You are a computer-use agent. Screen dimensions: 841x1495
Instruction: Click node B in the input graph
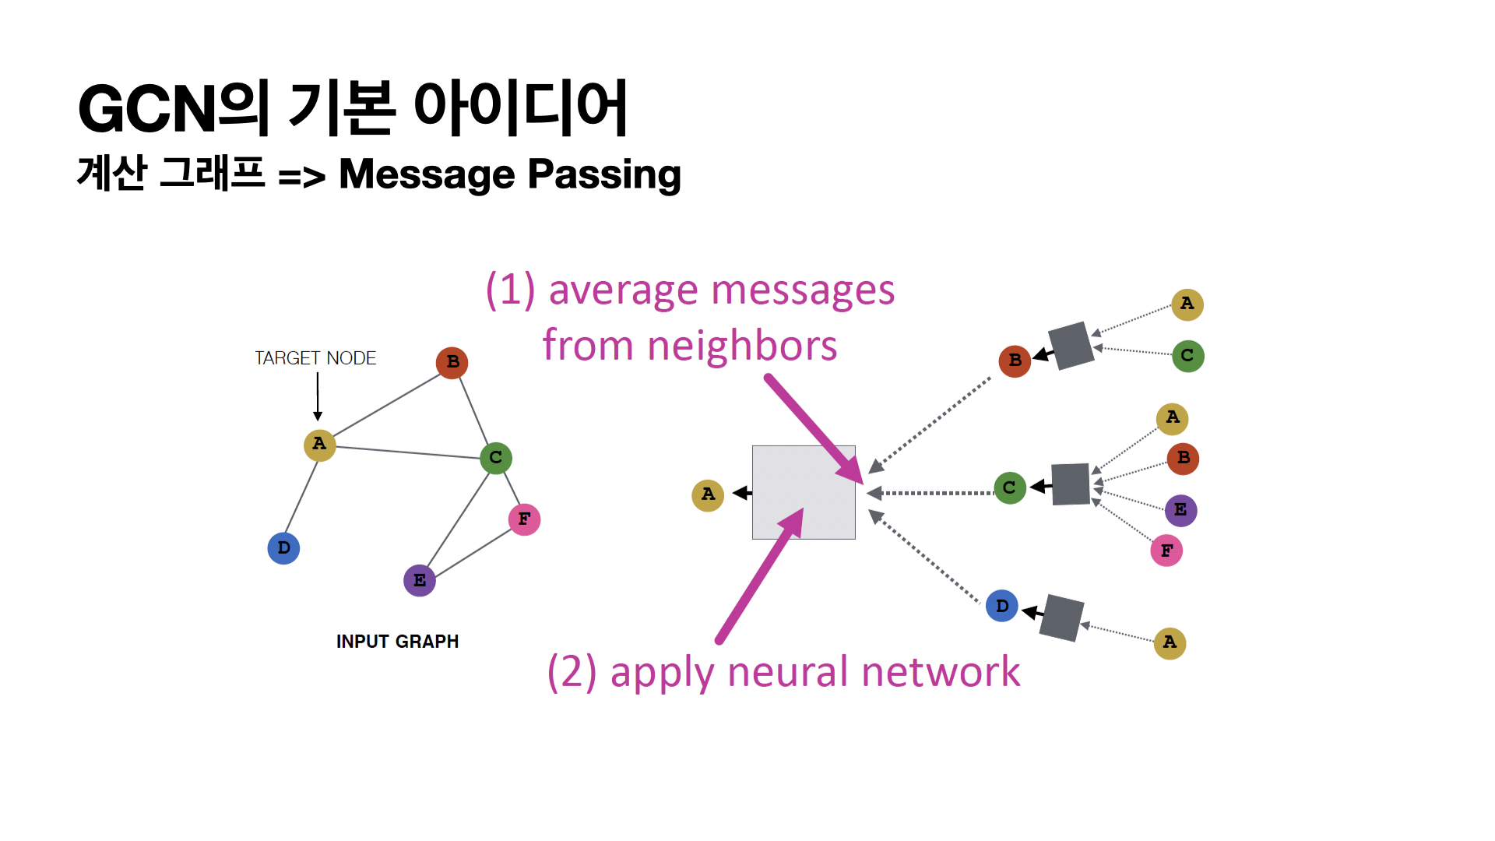pyautogui.click(x=452, y=363)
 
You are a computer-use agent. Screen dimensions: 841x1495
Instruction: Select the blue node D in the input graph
pyautogui.click(x=283, y=548)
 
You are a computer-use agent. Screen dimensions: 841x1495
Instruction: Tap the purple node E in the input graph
pyautogui.click(x=420, y=580)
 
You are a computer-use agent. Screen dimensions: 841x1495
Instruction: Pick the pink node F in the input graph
pyautogui.click(x=524, y=519)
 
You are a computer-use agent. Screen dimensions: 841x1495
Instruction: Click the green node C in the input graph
pyautogui.click(x=496, y=458)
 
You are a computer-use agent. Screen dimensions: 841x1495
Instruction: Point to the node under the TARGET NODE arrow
pyautogui.click(x=319, y=445)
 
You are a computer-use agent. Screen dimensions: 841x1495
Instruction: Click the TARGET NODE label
pyautogui.click(x=315, y=358)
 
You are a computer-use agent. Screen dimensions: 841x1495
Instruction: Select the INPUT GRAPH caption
pyautogui.click(x=397, y=642)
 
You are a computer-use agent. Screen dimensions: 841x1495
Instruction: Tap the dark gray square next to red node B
pyautogui.click(x=1071, y=345)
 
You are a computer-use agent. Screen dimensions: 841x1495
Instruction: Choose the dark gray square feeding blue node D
pyautogui.click(x=1061, y=618)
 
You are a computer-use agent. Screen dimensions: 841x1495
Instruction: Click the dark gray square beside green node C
pyautogui.click(x=1070, y=484)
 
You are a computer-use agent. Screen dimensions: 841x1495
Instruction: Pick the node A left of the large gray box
pyautogui.click(x=708, y=494)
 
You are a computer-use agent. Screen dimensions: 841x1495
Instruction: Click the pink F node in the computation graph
pyautogui.click(x=1166, y=551)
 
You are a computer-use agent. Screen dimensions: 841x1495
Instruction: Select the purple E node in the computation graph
pyautogui.click(x=1180, y=511)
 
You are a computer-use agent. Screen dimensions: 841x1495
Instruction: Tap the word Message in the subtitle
pyautogui.click(x=426, y=174)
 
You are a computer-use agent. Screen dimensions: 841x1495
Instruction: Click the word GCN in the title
pyautogui.click(x=147, y=109)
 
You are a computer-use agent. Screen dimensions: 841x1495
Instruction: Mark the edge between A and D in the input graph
pyautogui.click(x=301, y=497)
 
